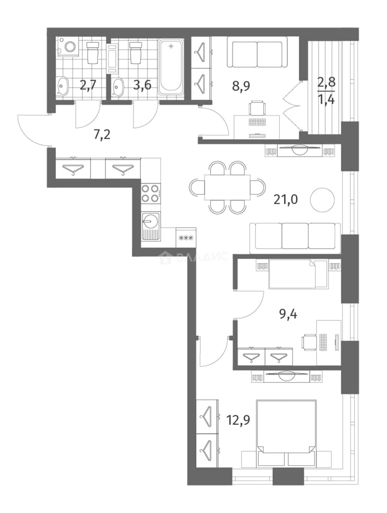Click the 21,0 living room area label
click(286, 199)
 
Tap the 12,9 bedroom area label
click(238, 419)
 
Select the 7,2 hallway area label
click(102, 134)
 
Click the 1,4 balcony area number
click(326, 98)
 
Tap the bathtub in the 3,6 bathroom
click(171, 67)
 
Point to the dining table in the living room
click(227, 188)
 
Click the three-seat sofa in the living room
click(295, 238)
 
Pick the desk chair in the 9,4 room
click(309, 342)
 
